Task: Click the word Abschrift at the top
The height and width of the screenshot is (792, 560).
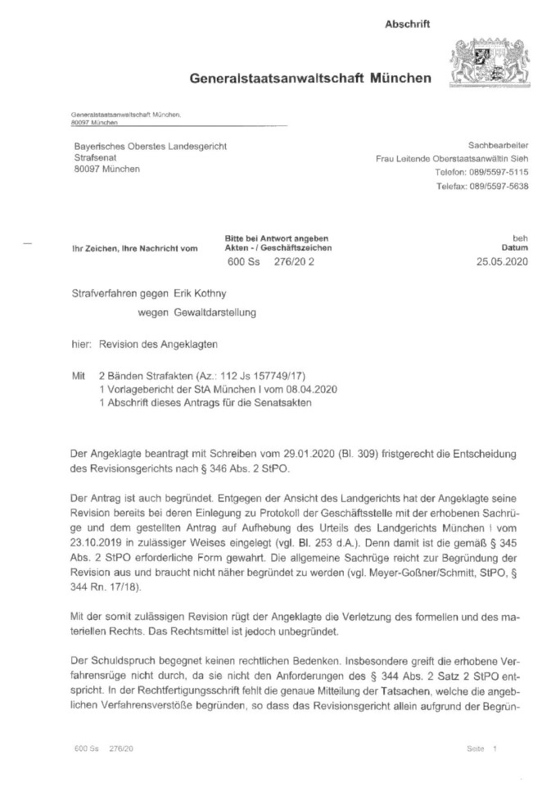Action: click(407, 25)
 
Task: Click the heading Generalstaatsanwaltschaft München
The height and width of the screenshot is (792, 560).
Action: click(310, 79)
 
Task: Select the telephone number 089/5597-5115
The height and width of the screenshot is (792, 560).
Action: click(496, 172)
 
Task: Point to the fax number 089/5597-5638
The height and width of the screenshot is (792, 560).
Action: click(497, 186)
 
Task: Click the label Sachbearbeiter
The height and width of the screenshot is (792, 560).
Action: click(497, 144)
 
